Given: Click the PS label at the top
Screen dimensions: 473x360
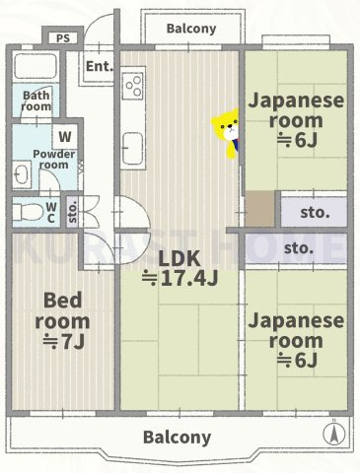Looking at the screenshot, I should pos(62,39).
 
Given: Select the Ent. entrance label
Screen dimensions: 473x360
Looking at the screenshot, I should pos(98,66).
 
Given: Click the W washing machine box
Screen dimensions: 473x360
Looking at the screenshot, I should pos(64,136).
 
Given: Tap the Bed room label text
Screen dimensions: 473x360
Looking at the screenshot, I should pos(62,309).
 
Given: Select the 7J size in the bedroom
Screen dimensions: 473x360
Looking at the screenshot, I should pos(62,342).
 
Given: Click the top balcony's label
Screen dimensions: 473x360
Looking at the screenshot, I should pos(191,29).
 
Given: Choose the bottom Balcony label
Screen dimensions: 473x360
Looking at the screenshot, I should pos(177,437).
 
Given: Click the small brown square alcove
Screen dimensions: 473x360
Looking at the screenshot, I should pos(261,211).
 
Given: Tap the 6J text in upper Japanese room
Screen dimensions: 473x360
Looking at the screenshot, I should pos(295,140).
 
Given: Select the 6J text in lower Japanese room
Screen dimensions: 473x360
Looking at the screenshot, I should pos(295,361).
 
